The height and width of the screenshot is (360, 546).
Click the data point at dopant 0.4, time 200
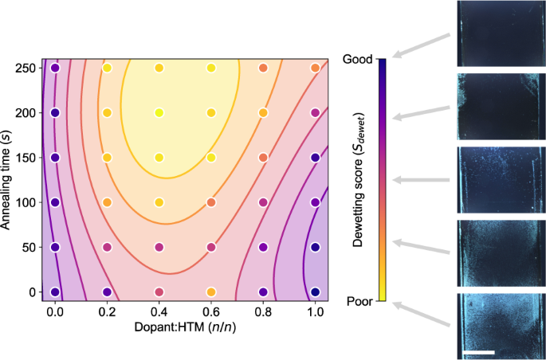pyautogui.click(x=159, y=113)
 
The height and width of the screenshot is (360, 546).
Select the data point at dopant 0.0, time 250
pyautogui.click(x=55, y=68)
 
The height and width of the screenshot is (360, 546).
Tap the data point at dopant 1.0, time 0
pyautogui.click(x=316, y=292)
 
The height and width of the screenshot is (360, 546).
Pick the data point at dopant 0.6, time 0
pyautogui.click(x=211, y=292)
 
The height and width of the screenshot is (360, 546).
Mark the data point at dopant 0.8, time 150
pyautogui.click(x=263, y=158)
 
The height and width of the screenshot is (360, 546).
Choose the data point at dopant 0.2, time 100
pyautogui.click(x=107, y=202)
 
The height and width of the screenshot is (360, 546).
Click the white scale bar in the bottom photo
pyautogui.click(x=477, y=350)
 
